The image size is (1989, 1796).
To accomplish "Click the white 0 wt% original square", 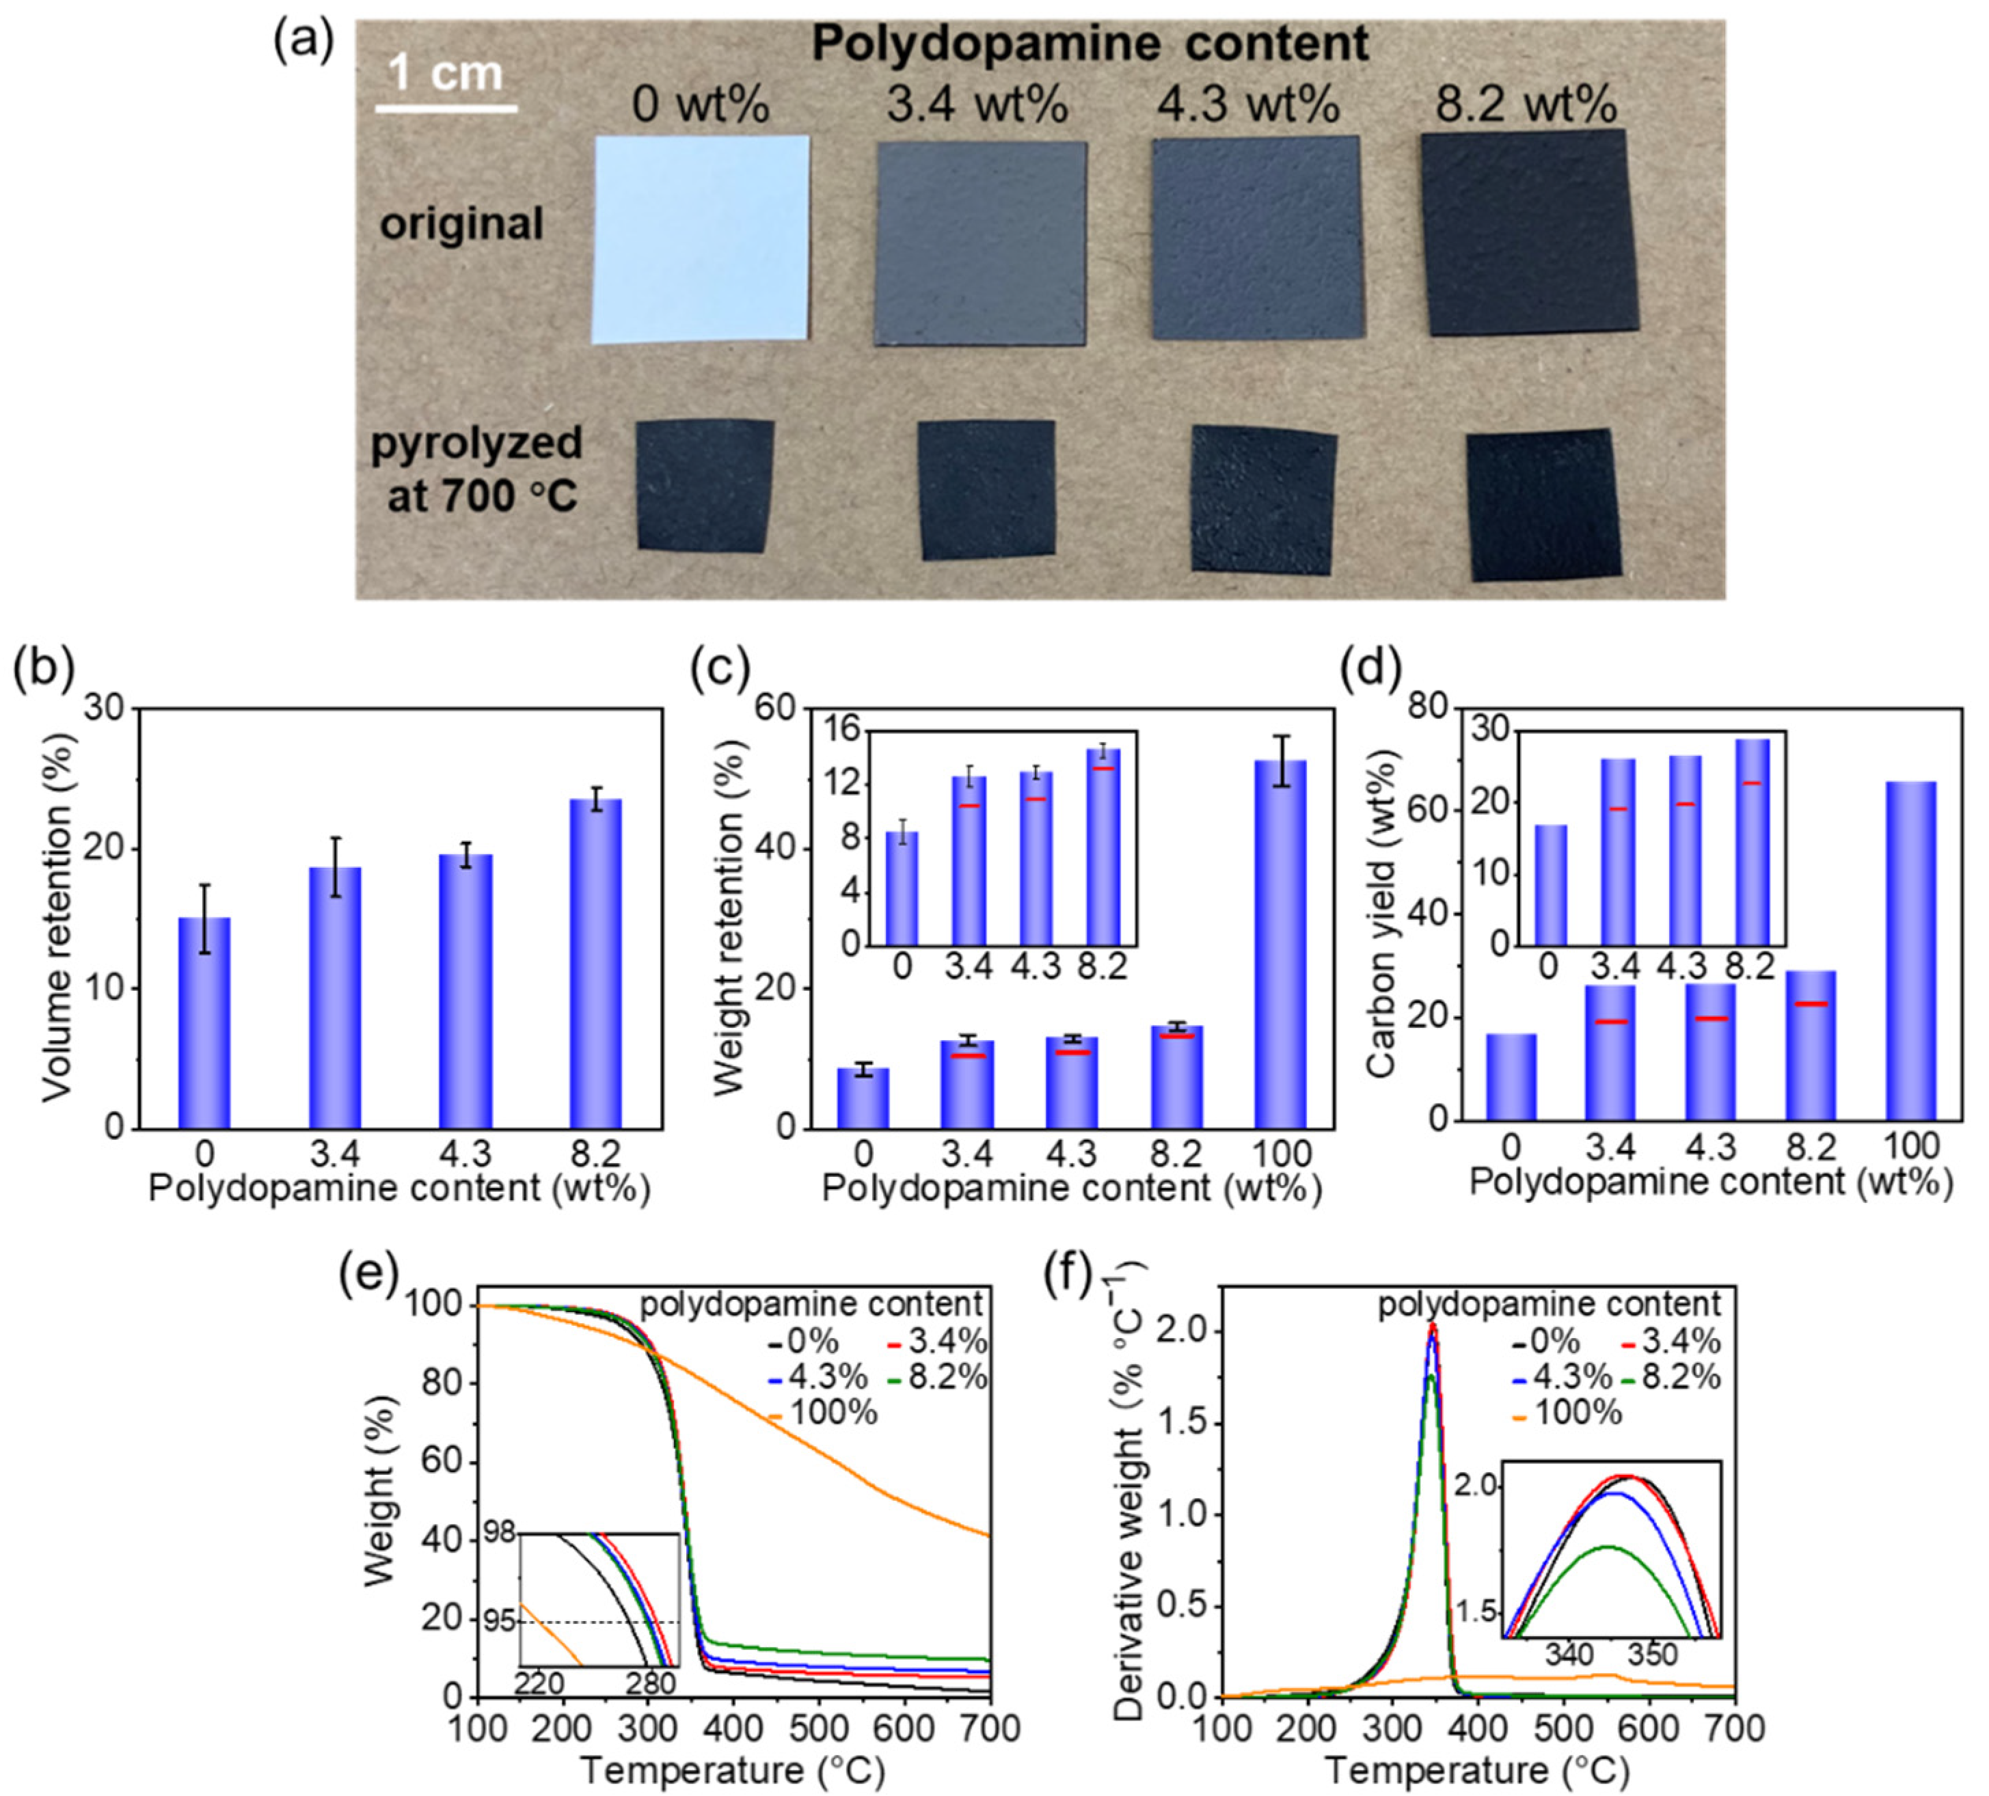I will (x=701, y=239).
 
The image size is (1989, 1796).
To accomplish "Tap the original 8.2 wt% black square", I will (x=1528, y=233).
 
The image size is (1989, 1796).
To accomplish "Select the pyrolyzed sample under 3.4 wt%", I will (x=986, y=490).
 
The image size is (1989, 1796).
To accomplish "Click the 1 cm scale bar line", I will (x=446, y=107).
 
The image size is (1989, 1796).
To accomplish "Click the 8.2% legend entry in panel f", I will (x=1680, y=1377).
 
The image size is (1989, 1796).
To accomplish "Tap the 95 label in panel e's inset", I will (x=500, y=1622).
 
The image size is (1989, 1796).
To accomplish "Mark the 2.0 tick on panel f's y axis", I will (x=1181, y=1333).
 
